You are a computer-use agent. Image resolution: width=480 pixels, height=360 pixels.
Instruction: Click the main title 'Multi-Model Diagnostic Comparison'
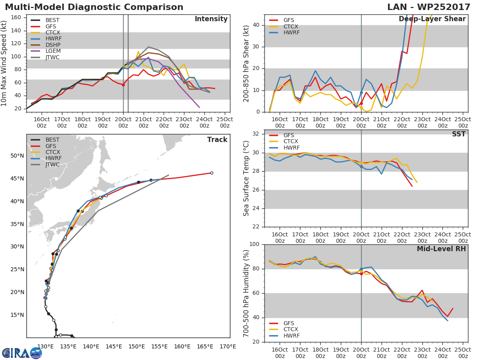pos(94,7)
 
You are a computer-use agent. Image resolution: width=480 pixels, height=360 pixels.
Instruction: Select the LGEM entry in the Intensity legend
pos(52,51)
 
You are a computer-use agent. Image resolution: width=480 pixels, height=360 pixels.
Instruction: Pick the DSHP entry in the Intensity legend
pos(52,45)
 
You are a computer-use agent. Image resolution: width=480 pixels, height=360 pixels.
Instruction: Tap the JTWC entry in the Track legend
pos(52,165)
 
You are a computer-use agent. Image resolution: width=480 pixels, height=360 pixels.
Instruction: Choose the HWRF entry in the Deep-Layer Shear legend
pos(291,33)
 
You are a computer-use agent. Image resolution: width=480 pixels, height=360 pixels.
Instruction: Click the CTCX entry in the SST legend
pos(291,142)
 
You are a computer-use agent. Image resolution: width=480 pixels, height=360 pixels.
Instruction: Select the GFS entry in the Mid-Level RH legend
pos(291,323)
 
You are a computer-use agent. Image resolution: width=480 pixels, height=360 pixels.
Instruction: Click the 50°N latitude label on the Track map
pos(17,156)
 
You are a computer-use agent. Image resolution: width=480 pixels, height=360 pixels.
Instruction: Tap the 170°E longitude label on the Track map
pos(228,347)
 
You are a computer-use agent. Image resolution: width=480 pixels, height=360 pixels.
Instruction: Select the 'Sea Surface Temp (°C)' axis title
pos(246,179)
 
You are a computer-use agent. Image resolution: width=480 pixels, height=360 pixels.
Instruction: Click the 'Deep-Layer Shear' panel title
pos(432,19)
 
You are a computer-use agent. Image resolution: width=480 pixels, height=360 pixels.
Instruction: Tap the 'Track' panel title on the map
pos(217,140)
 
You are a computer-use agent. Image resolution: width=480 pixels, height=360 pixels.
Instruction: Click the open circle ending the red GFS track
pos(212,173)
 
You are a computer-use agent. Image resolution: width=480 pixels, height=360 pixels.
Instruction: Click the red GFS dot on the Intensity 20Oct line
pos(123,85)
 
